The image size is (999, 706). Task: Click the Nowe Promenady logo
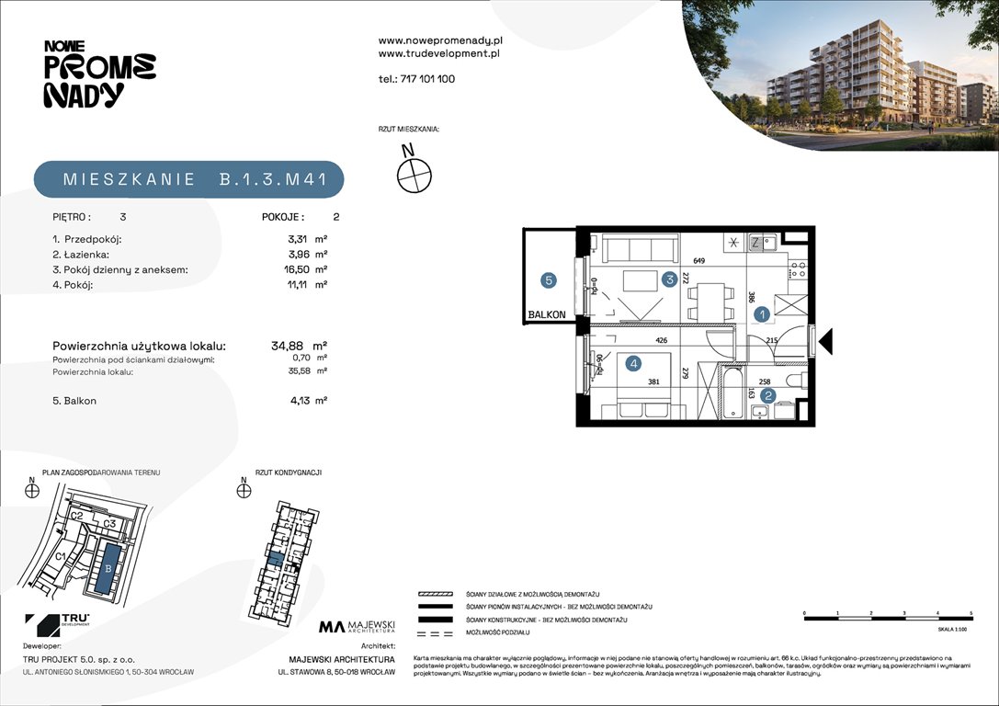[x=99, y=74]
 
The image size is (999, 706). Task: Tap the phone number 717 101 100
[x=416, y=79]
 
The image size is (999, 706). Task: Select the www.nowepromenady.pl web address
[x=440, y=40]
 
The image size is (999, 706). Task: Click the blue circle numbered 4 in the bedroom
[x=633, y=363]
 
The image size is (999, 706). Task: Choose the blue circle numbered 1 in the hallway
[x=762, y=314]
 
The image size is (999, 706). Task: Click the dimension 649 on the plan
[x=699, y=261]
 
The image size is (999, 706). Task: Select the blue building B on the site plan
[x=108, y=568]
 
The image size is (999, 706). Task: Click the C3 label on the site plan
[x=108, y=524]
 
